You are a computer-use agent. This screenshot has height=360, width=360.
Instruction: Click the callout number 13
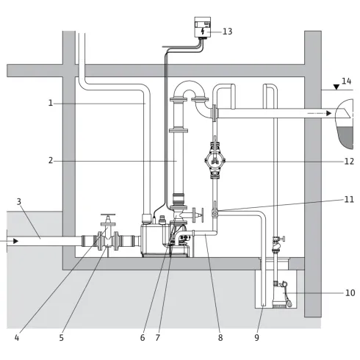(x=227, y=32)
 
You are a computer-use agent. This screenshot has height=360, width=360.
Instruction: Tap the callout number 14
(x=347, y=81)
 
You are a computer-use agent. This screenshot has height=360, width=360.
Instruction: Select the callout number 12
(x=349, y=162)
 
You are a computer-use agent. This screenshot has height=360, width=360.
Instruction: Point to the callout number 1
(x=51, y=103)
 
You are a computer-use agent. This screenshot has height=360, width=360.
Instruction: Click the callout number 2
(x=51, y=161)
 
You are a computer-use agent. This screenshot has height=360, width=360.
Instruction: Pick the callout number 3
(x=19, y=202)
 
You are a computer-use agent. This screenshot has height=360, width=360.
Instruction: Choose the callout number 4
(x=17, y=338)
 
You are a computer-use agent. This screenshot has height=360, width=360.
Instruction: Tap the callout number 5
(x=61, y=338)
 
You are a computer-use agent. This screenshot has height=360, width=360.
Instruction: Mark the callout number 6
(x=143, y=338)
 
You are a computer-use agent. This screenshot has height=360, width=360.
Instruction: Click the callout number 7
(x=158, y=338)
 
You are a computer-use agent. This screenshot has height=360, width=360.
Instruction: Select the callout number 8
(x=220, y=338)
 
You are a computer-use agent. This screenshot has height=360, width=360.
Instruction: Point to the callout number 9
(x=256, y=338)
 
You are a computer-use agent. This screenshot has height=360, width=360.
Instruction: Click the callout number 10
(x=350, y=292)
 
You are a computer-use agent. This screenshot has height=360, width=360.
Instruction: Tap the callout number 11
(x=349, y=199)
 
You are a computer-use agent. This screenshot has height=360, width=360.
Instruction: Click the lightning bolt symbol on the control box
(x=203, y=32)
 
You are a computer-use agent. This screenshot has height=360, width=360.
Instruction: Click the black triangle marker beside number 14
(x=336, y=87)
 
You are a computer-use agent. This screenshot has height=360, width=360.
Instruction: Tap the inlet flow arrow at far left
(x=10, y=241)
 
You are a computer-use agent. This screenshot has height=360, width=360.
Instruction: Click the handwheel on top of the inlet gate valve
(x=108, y=215)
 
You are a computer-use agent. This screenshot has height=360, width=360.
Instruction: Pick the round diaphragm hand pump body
(x=215, y=160)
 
